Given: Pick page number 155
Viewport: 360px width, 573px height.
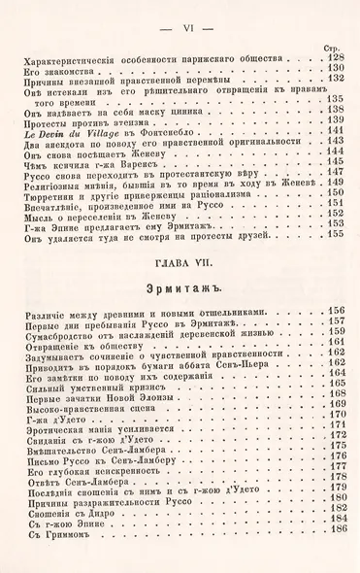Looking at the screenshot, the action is [336, 233].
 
